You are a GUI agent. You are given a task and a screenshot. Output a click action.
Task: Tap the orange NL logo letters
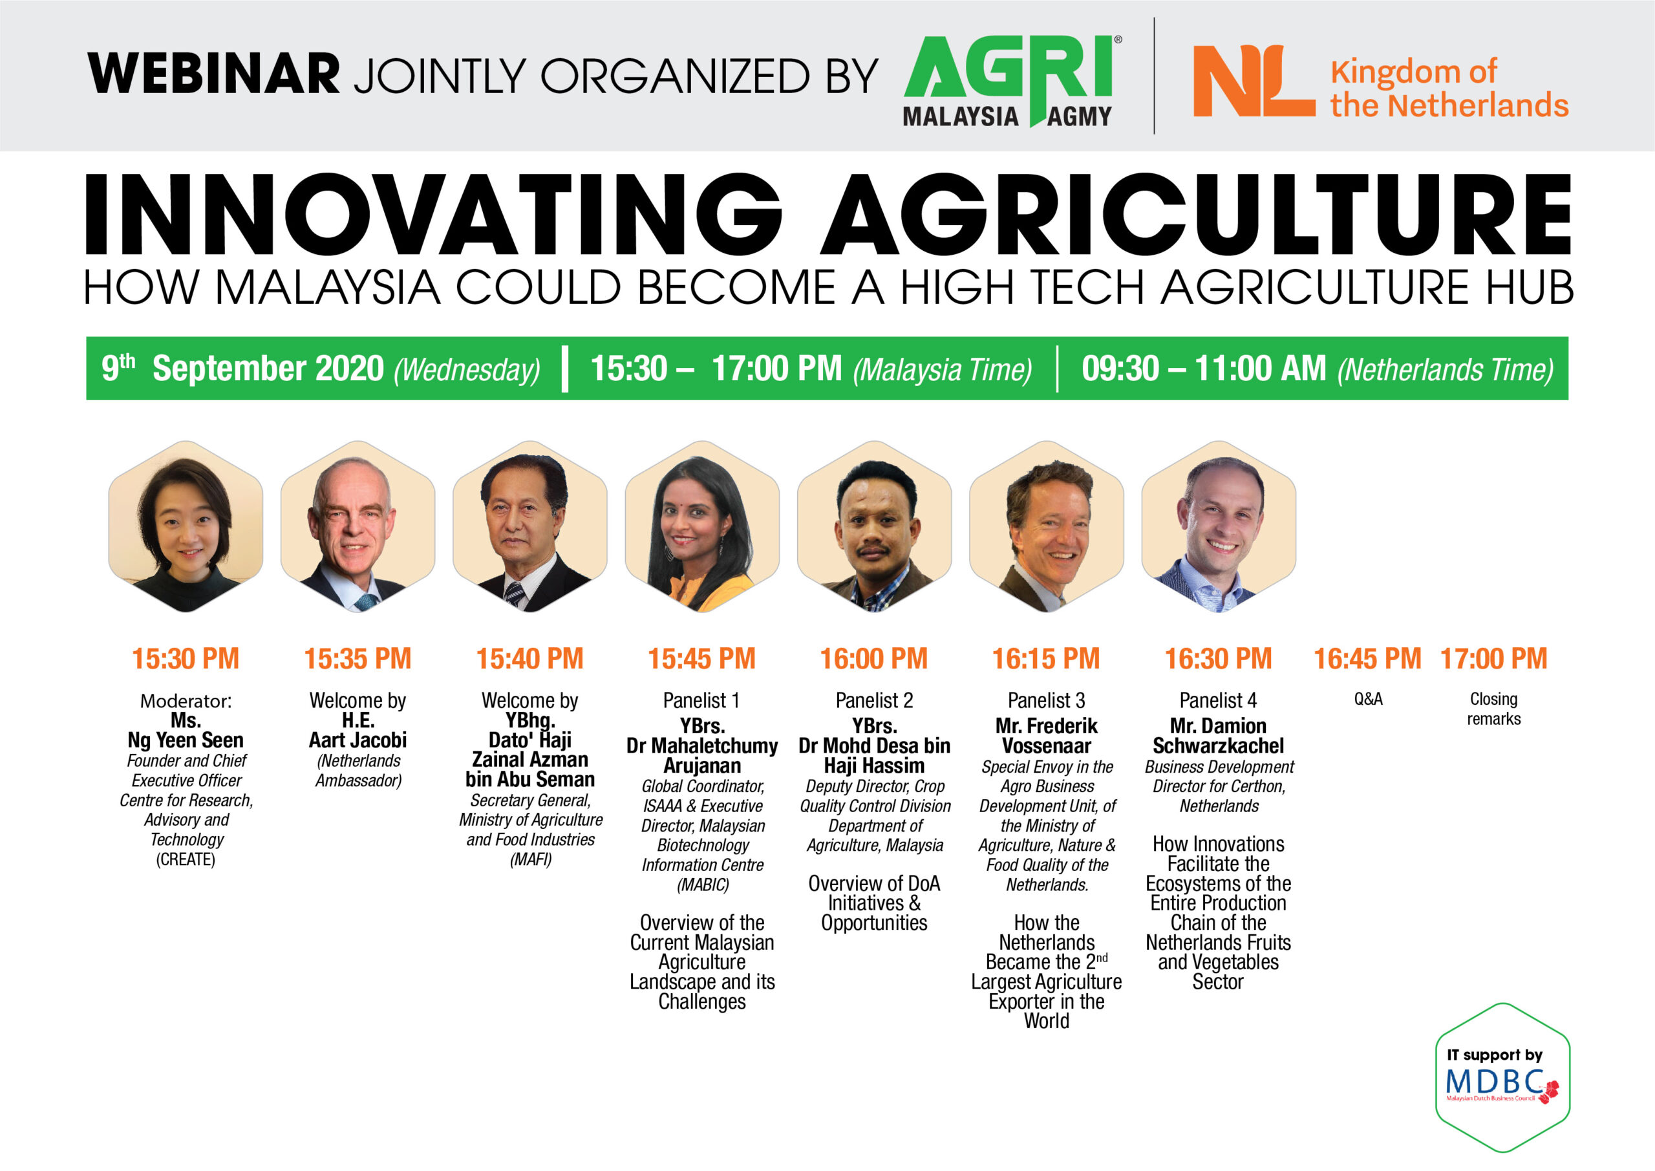1254,81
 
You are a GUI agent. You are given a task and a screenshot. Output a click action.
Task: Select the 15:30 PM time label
186,658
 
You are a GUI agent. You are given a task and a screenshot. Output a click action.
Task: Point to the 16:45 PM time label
1367,658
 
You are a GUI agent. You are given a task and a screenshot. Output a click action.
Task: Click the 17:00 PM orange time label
1493,658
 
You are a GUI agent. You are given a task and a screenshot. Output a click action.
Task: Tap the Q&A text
1368,699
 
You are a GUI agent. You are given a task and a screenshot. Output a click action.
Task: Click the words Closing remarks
1493,709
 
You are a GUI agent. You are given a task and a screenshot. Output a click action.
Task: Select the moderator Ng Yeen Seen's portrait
186,526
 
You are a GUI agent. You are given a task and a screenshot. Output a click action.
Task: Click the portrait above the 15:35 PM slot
358,526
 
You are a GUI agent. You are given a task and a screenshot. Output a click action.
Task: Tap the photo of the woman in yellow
702,526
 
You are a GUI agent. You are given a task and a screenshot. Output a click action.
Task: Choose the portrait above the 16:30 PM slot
1219,526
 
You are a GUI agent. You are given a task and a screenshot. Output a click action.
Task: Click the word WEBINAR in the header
213,74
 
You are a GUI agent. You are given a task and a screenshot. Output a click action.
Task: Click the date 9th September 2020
242,369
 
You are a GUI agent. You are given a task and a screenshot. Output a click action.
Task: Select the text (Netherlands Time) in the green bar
1446,370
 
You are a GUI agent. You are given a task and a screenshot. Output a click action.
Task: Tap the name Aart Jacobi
358,740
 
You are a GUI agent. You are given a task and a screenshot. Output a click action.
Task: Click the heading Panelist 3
1046,700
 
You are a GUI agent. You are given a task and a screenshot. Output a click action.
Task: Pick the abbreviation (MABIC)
703,885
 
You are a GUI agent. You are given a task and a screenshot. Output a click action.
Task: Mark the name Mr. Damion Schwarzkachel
1218,735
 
